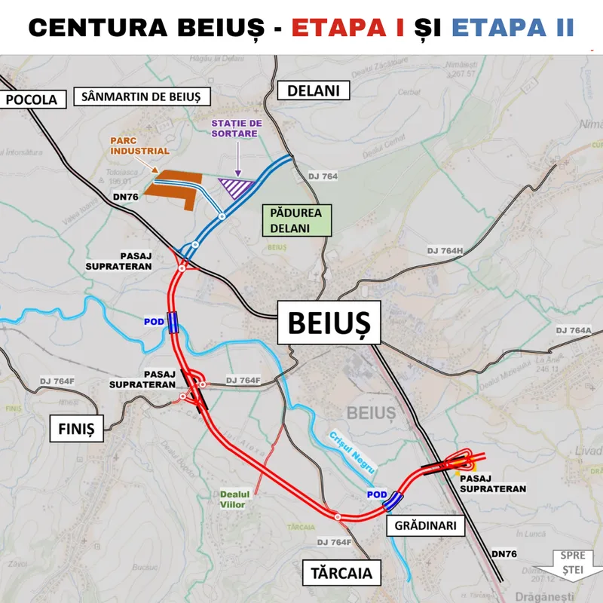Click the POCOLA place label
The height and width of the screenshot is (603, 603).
[30, 99]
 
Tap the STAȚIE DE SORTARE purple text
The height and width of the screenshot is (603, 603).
[236, 128]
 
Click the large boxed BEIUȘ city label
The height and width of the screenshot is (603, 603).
[329, 324]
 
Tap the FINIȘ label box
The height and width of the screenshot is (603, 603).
[75, 430]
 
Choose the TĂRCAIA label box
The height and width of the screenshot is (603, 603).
[341, 572]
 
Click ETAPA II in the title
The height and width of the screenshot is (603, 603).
[513, 28]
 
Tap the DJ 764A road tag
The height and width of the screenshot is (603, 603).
[574, 330]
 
